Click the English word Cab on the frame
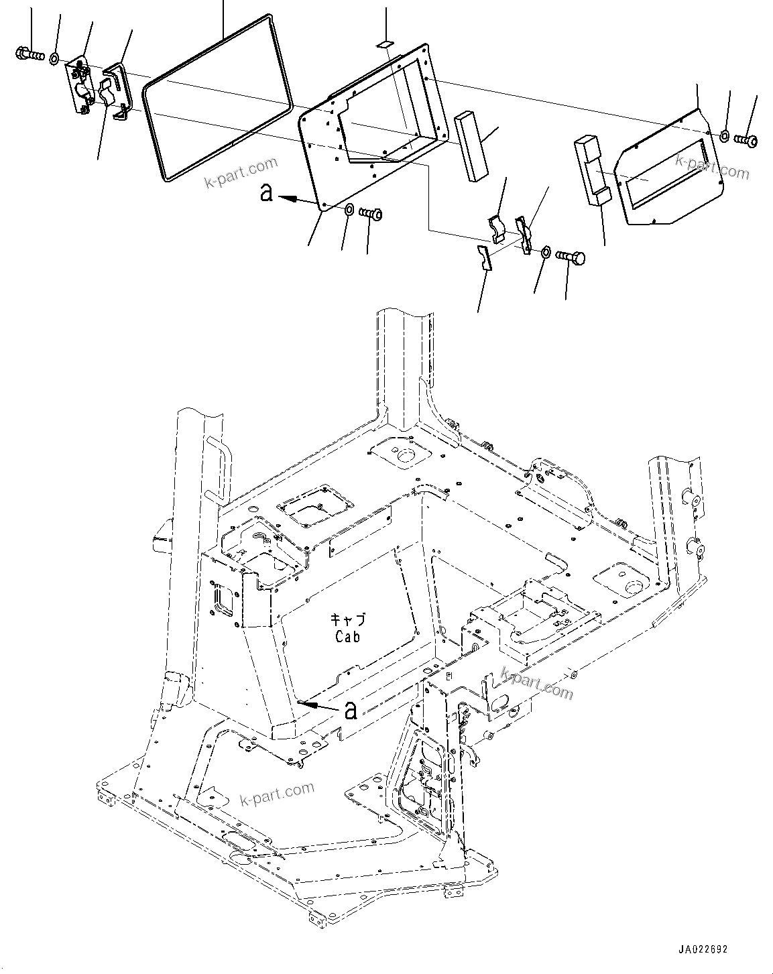[347, 636]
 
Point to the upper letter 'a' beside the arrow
[267, 194]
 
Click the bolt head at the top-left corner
[21, 52]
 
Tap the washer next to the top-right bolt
[725, 137]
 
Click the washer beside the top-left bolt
[54, 58]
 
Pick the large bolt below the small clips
[572, 257]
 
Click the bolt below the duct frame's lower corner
[371, 214]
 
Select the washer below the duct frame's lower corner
[349, 211]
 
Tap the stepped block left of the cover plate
[590, 172]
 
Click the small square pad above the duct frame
[385, 44]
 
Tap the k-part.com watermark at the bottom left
[276, 794]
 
